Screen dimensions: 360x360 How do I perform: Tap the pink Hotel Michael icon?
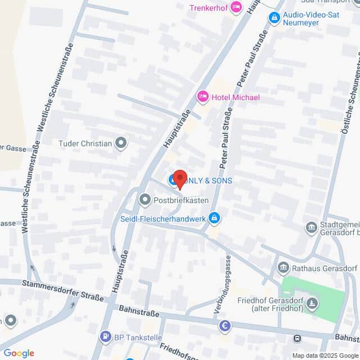coord(202,97)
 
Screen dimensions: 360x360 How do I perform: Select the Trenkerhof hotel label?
coord(208,7)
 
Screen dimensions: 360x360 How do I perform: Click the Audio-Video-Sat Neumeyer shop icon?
coord(274,19)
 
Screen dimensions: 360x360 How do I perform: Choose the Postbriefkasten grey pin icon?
coord(145,200)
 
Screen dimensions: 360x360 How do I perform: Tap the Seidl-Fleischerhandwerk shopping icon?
coord(214,218)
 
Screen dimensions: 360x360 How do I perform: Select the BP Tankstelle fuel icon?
coord(105,336)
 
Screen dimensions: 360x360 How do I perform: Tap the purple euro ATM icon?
coord(225,326)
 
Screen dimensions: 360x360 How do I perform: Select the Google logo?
coord(19,353)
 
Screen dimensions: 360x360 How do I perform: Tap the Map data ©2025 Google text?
coord(325,355)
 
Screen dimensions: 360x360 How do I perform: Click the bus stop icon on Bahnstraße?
coord(296,338)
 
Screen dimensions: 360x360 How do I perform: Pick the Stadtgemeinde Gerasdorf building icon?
coord(310,227)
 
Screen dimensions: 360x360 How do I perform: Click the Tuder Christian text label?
coord(85,143)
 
